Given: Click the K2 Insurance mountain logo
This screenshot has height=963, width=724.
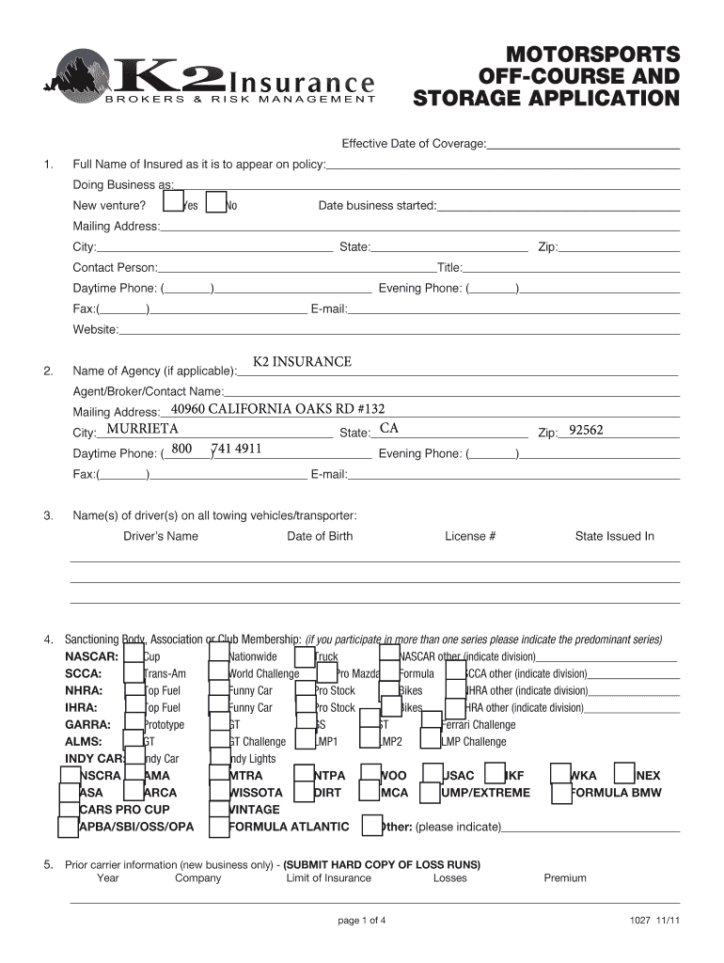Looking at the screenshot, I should tap(86, 75).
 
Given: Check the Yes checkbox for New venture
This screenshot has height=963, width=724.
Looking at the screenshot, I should tap(172, 203).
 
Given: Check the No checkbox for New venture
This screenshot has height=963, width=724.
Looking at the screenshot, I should tap(215, 203).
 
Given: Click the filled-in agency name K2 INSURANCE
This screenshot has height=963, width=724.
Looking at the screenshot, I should tap(302, 362).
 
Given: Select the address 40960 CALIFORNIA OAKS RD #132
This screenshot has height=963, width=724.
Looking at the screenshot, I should tap(277, 408).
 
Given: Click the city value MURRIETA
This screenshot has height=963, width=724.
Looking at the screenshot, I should tap(143, 429).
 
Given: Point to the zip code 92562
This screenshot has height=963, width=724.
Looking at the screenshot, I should tap(586, 431).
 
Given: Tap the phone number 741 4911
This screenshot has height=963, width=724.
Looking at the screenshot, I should tap(238, 449).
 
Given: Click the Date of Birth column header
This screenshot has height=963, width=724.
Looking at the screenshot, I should tap(320, 536).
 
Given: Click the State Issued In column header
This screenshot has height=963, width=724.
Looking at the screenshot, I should tap(614, 536).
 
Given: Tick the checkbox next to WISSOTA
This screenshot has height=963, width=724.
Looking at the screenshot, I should tap(218, 792).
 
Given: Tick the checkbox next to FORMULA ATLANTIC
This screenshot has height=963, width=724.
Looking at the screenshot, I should tap(218, 827).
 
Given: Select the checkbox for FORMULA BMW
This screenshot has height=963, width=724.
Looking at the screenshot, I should tap(560, 792).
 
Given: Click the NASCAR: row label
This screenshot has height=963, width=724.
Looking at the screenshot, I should tap(91, 656).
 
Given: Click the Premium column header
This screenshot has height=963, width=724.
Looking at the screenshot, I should tap(564, 878).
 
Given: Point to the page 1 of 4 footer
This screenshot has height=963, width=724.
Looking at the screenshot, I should tap(362, 921).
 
